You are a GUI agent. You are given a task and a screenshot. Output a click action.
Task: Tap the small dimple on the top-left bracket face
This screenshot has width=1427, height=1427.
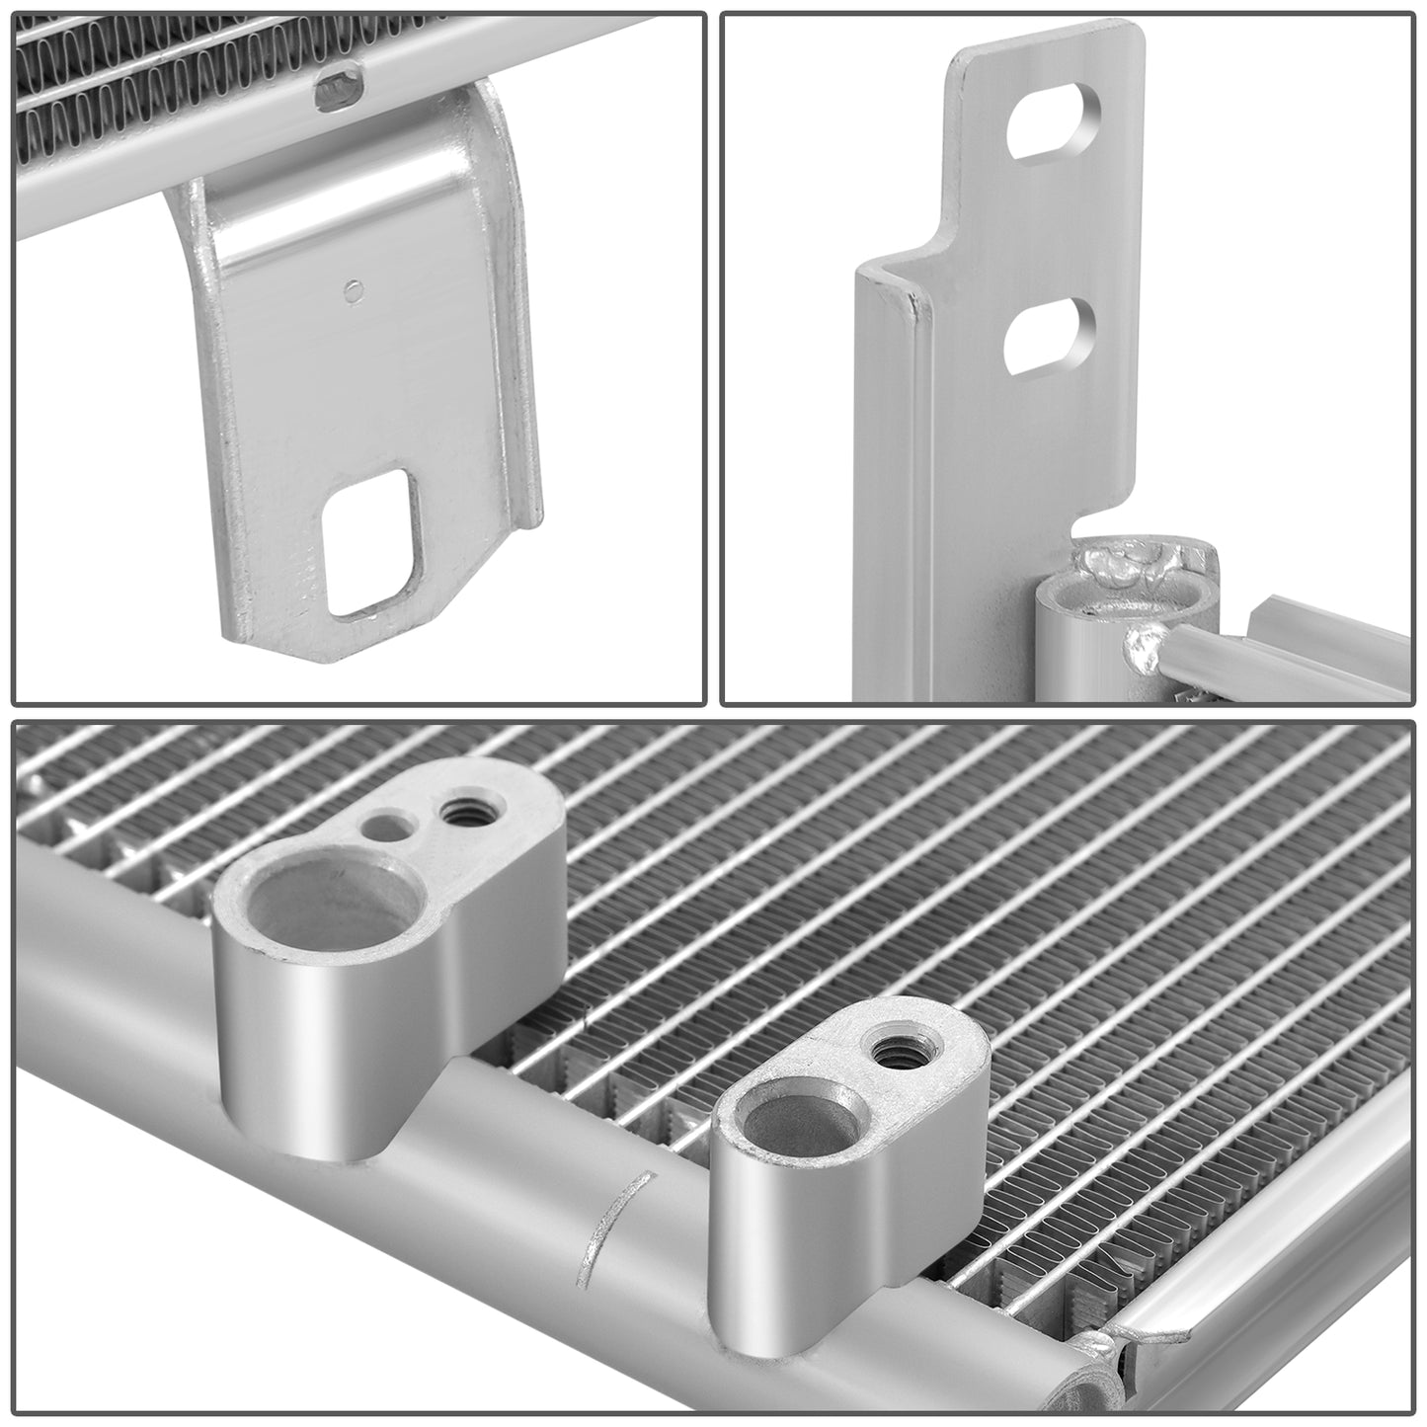pos(353,289)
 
